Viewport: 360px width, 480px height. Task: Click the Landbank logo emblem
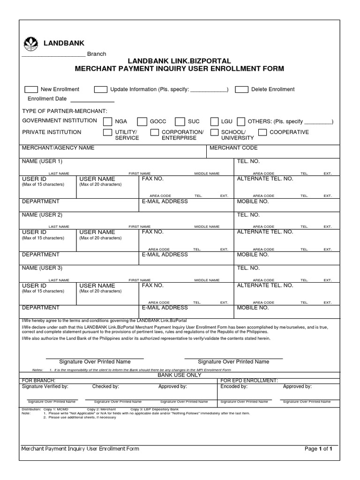click(31, 43)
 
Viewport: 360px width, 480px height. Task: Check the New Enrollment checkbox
click(31, 90)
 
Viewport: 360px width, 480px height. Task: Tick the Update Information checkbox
click(101, 90)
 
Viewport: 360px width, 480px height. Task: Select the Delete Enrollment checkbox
click(241, 90)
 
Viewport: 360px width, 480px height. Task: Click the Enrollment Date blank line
click(92, 99)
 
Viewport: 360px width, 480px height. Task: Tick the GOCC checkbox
click(142, 122)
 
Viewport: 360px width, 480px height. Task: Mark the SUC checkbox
click(180, 122)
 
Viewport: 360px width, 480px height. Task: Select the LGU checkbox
click(214, 122)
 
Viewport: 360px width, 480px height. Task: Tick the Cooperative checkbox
click(262, 133)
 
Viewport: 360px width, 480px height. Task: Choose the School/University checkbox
click(214, 133)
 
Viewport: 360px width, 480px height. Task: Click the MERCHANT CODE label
click(233, 148)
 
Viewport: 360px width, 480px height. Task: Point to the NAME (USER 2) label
click(42, 215)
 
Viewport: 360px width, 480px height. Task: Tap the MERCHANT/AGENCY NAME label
click(58, 148)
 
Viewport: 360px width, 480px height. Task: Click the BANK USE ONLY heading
click(180, 375)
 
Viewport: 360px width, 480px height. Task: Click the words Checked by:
click(105, 387)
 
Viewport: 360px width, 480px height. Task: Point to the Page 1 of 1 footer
click(318, 449)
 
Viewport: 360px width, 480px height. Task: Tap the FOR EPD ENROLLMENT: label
click(249, 381)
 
